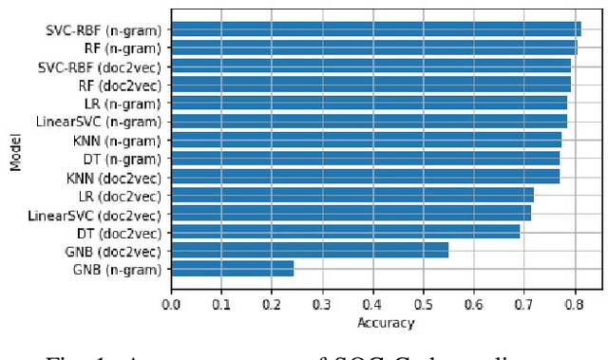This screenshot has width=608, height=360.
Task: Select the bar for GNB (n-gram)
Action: (x=233, y=270)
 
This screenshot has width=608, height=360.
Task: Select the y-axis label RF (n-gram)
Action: (x=124, y=47)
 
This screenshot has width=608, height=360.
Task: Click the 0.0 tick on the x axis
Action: (x=172, y=305)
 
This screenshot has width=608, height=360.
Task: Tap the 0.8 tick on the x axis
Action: (x=575, y=305)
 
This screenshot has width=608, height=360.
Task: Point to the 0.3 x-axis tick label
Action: (x=323, y=305)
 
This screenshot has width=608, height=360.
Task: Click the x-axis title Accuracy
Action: (x=386, y=323)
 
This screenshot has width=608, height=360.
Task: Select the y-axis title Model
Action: (x=16, y=152)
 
